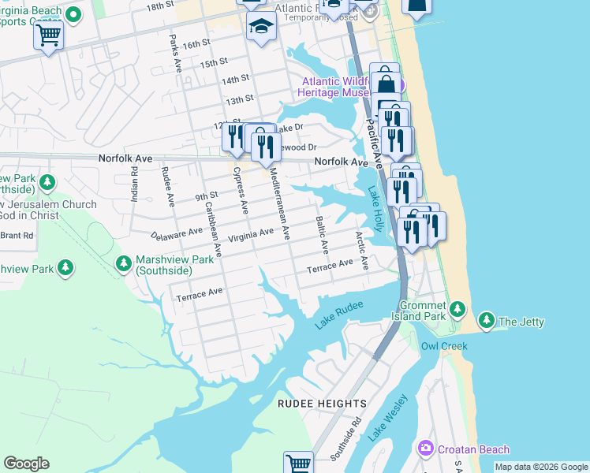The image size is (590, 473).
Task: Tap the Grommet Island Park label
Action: (x=423, y=311)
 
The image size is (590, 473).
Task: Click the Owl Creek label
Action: (x=444, y=346)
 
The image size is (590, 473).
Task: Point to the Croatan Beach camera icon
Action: (x=426, y=449)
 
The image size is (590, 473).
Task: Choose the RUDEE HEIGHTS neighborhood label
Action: (x=322, y=404)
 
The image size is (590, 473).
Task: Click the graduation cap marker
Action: (x=258, y=27)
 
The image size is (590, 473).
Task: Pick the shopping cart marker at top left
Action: (x=48, y=35)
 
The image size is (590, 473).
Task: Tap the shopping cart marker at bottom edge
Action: (x=299, y=464)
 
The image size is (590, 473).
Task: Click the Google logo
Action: (x=26, y=464)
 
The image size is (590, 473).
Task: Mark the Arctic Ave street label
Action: (x=361, y=250)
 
